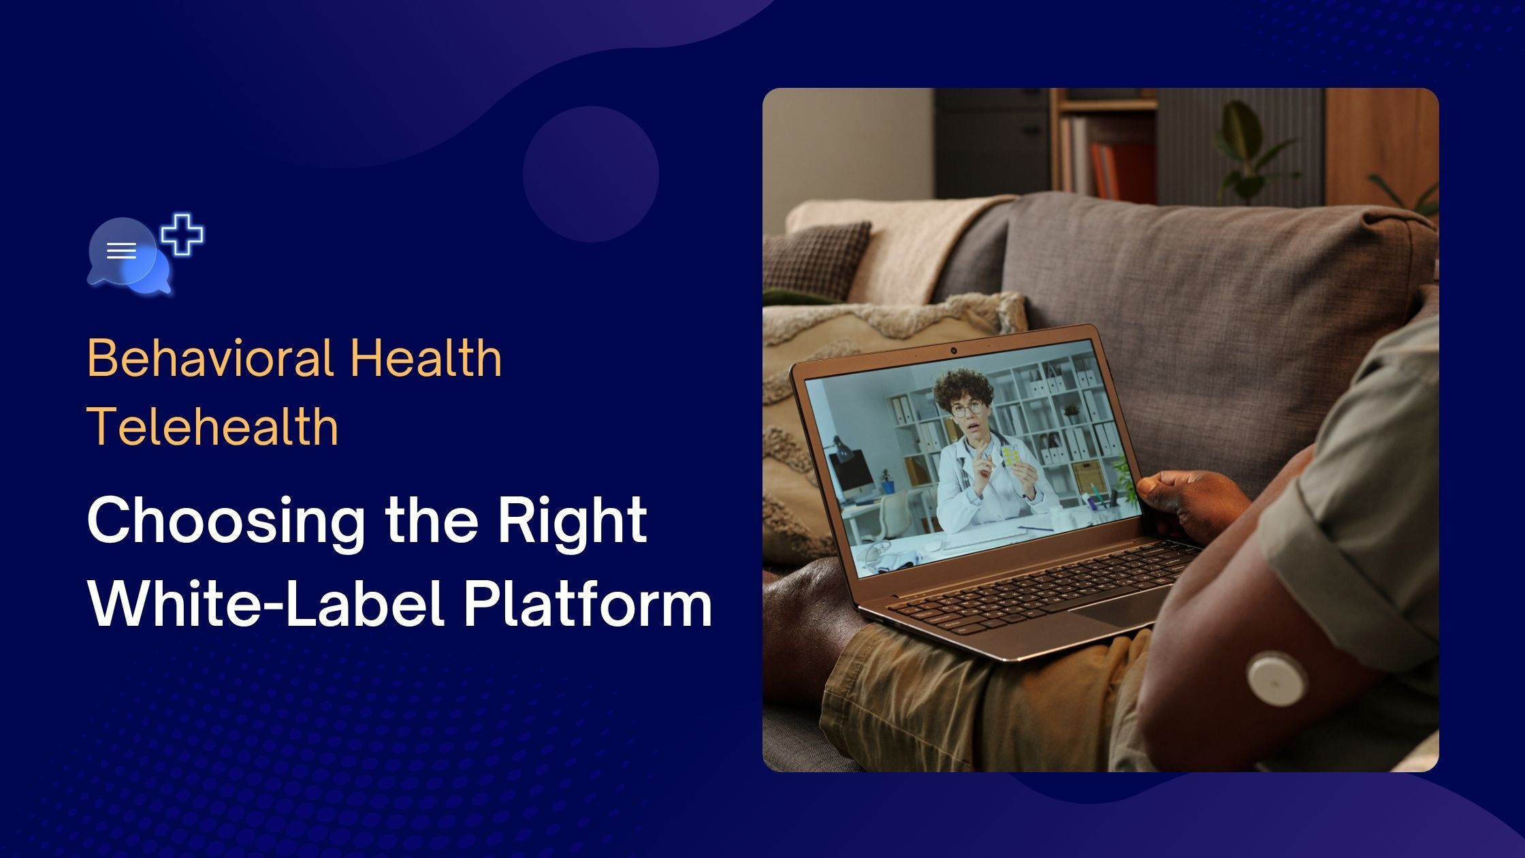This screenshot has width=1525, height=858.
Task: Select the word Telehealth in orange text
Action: click(212, 427)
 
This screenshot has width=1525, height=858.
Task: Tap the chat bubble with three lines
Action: click(121, 251)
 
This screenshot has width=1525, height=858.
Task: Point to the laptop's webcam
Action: click(954, 351)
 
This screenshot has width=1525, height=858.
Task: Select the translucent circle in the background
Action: click(590, 174)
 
